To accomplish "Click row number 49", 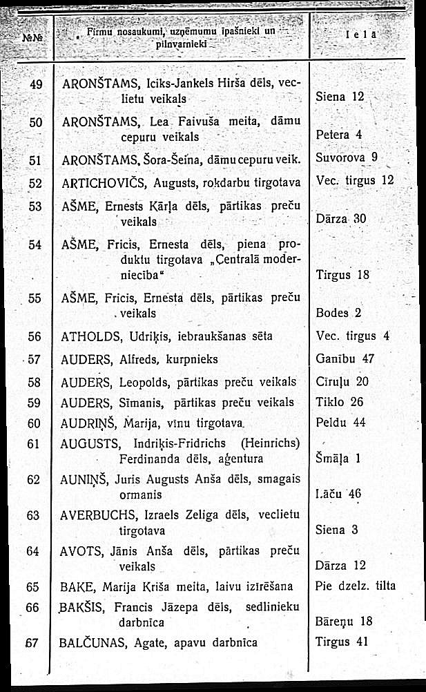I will [37, 84].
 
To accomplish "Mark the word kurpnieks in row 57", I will [189, 359].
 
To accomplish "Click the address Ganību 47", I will [344, 359].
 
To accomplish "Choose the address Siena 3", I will [336, 530].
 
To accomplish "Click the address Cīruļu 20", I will [342, 382].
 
